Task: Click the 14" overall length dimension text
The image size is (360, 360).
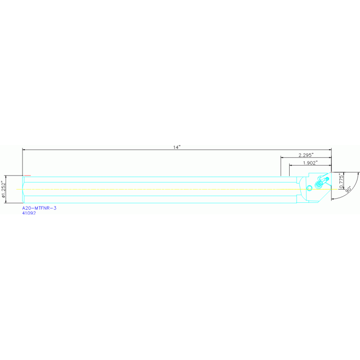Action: pos(176,147)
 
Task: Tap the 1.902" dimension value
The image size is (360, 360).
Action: pos(310,163)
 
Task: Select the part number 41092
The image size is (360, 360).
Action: pos(29,213)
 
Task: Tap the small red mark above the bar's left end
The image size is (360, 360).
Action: pos(27,175)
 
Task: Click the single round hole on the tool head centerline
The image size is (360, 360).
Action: pos(309,188)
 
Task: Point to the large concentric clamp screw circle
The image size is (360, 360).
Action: pos(319,184)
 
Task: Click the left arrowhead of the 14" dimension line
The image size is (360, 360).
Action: pos(24,150)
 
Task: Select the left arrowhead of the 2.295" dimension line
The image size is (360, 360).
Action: pos(282,158)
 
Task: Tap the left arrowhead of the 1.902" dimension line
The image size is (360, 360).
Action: pos(291,166)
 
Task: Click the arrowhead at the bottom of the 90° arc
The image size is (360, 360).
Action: pos(333,199)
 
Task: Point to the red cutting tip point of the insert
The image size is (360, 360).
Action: pos(330,179)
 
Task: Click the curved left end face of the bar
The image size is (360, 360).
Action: pos(23,190)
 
